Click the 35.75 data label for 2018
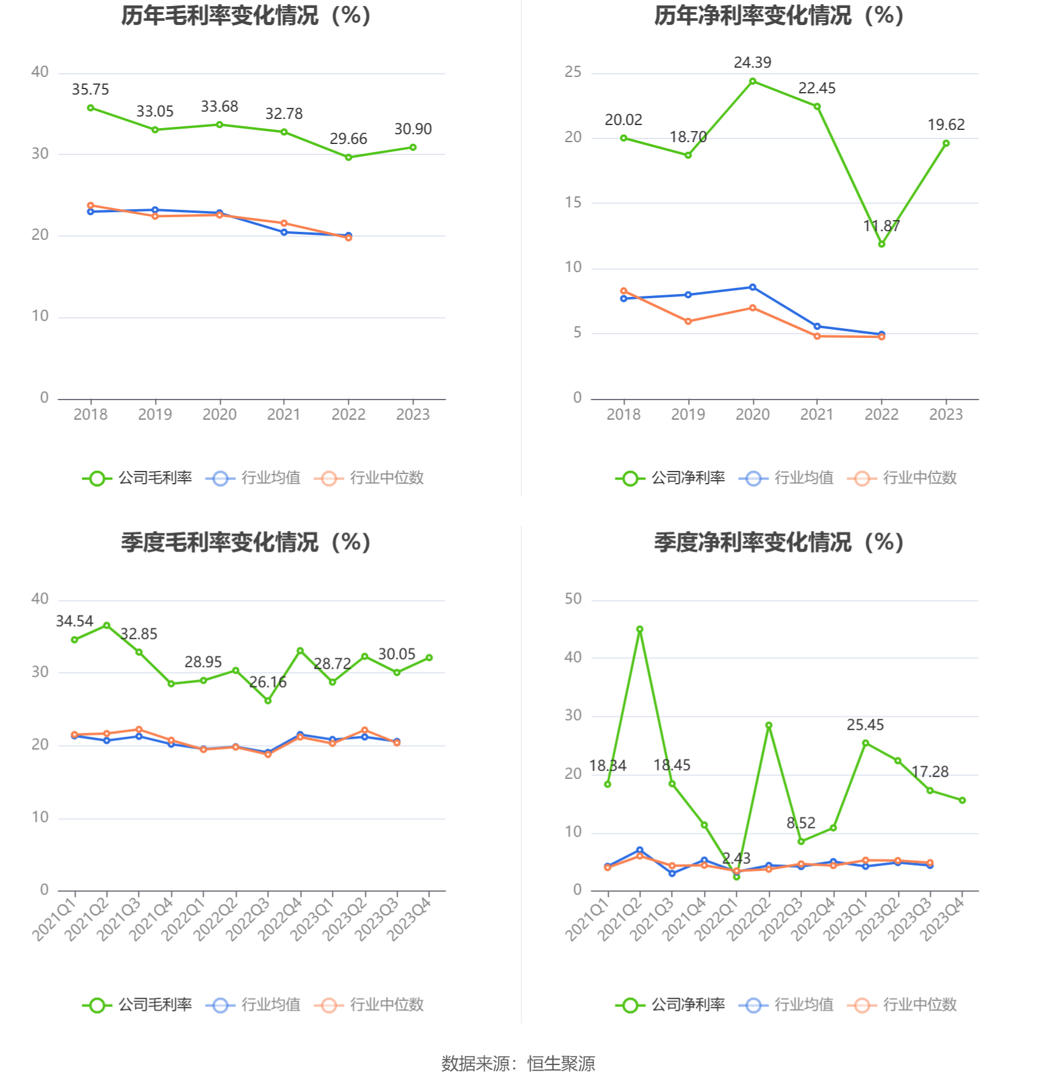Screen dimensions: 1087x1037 [x=90, y=90]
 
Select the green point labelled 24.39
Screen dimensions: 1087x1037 [x=753, y=81]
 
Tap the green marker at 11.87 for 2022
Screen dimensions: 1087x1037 [x=881, y=244]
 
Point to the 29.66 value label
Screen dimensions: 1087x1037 [x=348, y=139]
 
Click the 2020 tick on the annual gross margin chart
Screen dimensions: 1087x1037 [x=220, y=415]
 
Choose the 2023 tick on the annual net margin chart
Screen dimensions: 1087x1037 [x=945, y=415]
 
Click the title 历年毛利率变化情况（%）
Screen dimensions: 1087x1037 [x=246, y=16]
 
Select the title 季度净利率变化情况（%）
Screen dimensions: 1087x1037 [x=779, y=542]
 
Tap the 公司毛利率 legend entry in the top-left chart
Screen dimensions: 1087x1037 [x=138, y=478]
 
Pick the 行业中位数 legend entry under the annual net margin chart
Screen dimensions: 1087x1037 [x=903, y=478]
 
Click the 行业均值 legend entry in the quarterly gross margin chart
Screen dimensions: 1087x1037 [x=254, y=1005]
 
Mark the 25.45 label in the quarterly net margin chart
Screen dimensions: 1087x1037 [x=865, y=725]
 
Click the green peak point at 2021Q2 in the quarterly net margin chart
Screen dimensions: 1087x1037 [x=640, y=629]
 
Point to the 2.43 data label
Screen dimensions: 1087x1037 [x=736, y=858]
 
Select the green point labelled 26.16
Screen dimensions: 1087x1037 [x=268, y=701]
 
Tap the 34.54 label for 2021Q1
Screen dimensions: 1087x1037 [x=74, y=622]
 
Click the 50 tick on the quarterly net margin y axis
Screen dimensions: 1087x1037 [x=573, y=599]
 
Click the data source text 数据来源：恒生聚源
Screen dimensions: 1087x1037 [x=518, y=1064]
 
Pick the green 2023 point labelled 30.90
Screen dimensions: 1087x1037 [x=413, y=147]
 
